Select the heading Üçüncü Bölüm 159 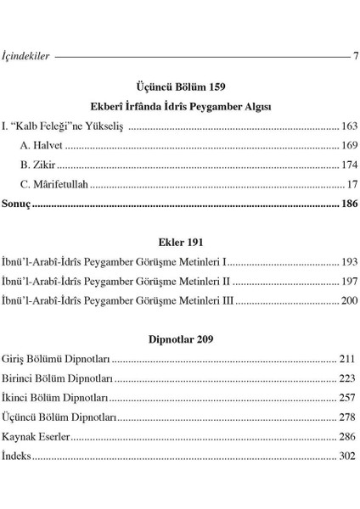pyautogui.click(x=180, y=87)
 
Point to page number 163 pyautogui.click(x=349, y=126)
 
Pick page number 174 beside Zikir pyautogui.click(x=349, y=165)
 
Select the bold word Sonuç pyautogui.click(x=16, y=204)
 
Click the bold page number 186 pyautogui.click(x=349, y=204)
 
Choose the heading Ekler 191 pyautogui.click(x=180, y=242)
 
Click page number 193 pyautogui.click(x=349, y=261)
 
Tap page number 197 pyautogui.click(x=349, y=281)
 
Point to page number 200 pyautogui.click(x=349, y=300)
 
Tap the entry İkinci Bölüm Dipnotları pyautogui.click(x=55, y=398)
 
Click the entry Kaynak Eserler pyautogui.click(x=36, y=437)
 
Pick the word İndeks pyautogui.click(x=17, y=456)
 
